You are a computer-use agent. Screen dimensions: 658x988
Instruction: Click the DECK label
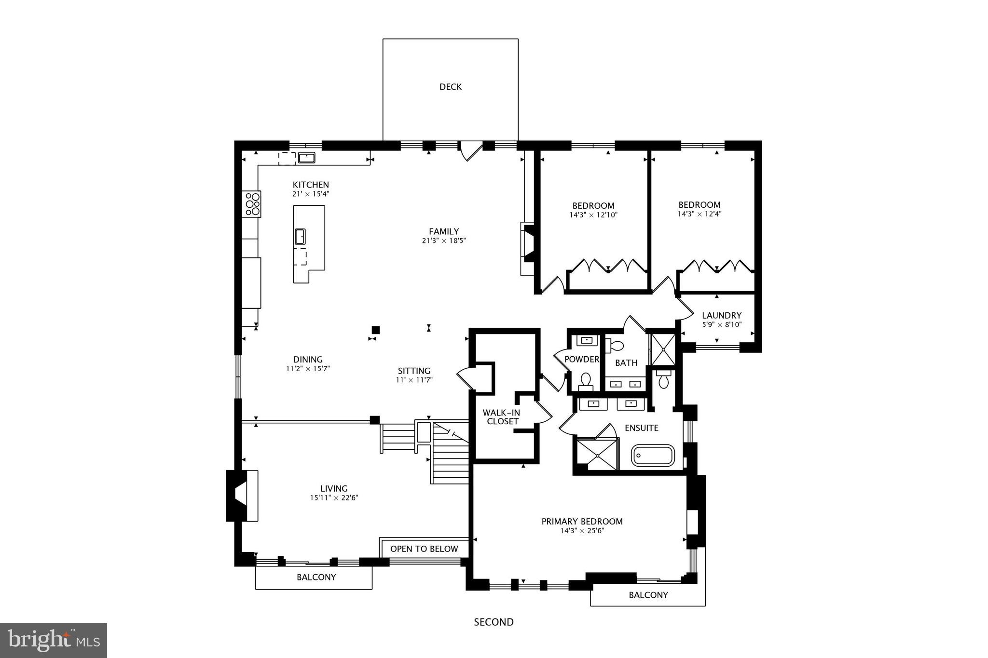(x=450, y=87)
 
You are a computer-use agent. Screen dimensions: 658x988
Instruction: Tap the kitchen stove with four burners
(x=252, y=204)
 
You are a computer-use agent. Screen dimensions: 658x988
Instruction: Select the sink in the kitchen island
(x=300, y=237)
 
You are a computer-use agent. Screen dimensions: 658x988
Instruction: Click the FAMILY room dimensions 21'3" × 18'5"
(x=444, y=241)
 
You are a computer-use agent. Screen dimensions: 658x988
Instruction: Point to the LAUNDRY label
(x=721, y=316)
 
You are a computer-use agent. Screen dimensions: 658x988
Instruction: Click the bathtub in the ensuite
(x=653, y=456)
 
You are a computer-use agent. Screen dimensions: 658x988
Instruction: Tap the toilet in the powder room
(x=586, y=381)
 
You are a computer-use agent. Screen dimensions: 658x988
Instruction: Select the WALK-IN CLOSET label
(x=501, y=417)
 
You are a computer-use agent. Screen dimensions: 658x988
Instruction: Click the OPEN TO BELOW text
(x=424, y=549)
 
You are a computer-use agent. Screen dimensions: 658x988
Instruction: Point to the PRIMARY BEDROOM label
(x=582, y=521)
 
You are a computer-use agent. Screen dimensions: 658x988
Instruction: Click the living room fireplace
(x=241, y=496)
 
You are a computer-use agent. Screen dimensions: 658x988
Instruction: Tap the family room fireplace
(x=529, y=248)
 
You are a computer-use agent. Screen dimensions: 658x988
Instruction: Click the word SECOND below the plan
(x=494, y=622)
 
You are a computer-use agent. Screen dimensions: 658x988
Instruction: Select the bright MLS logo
(x=54, y=640)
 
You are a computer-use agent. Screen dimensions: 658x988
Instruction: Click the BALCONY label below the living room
(x=316, y=577)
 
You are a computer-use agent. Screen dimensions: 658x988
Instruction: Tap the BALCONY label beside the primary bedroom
(x=648, y=595)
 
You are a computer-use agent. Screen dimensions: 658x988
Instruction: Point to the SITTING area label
(x=414, y=371)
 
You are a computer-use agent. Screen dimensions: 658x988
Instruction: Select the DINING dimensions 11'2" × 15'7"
(x=308, y=369)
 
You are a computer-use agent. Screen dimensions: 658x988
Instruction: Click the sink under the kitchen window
(x=306, y=158)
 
